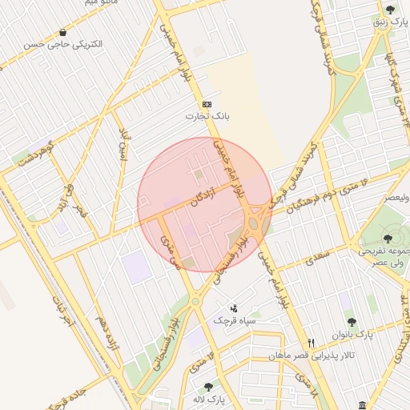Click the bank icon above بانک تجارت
click(207, 104)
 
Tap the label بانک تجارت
click(207, 117)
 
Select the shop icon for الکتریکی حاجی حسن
click(62, 32)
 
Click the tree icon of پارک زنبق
click(390, 10)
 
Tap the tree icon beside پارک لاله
click(208, 387)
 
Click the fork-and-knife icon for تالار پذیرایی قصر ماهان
click(312, 342)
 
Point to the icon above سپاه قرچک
click(233, 307)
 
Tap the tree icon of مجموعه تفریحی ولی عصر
click(388, 239)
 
